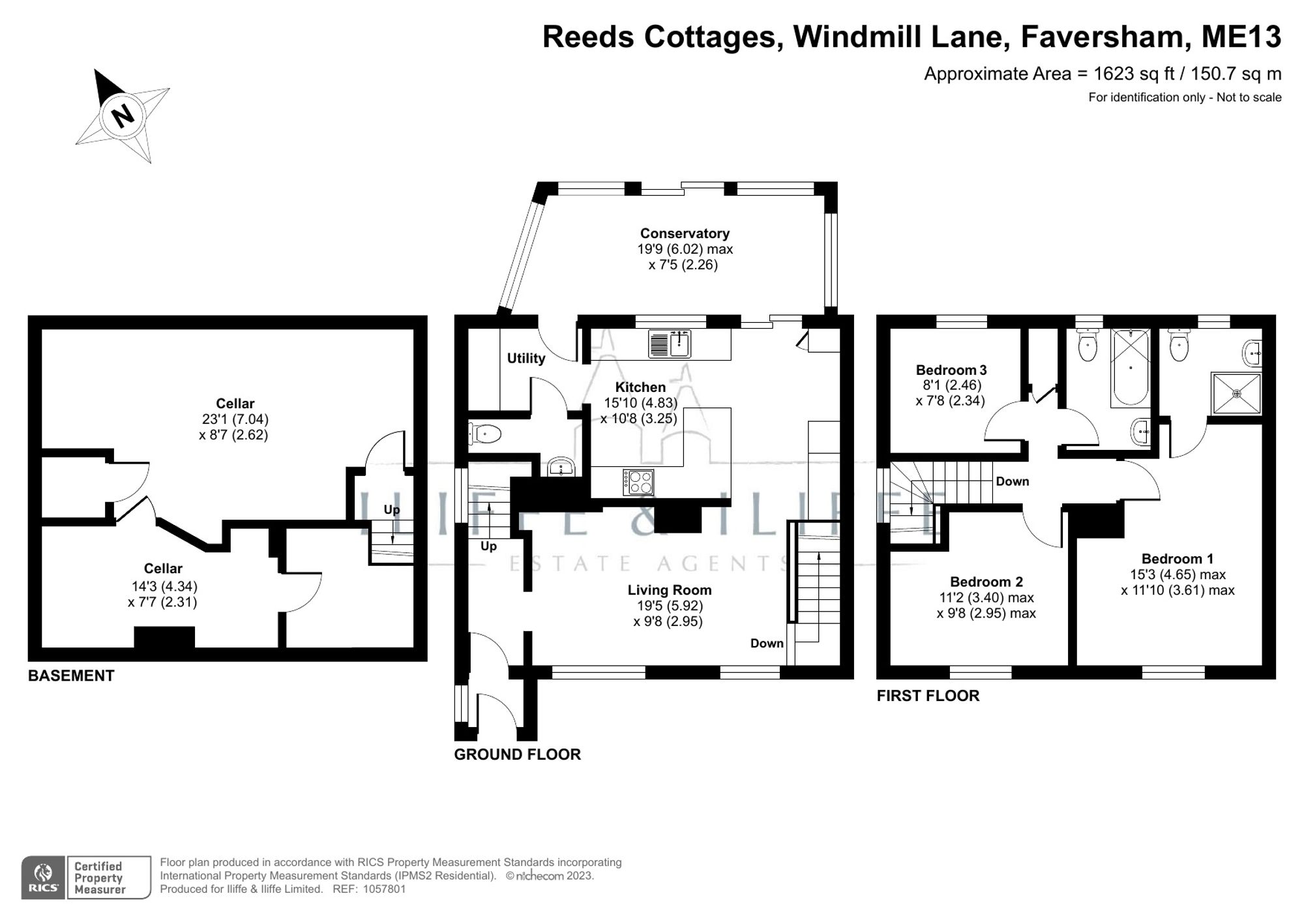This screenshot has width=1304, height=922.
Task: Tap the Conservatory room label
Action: click(685, 233)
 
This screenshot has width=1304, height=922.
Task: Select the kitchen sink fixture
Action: click(670, 344)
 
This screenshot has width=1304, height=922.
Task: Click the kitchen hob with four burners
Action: click(638, 482)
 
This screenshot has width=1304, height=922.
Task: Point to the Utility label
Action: click(526, 358)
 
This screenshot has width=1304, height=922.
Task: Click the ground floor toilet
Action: click(484, 434)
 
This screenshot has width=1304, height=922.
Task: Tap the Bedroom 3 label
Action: click(951, 370)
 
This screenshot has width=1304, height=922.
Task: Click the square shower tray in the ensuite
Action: click(1236, 393)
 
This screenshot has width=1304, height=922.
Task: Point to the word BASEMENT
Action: click(71, 676)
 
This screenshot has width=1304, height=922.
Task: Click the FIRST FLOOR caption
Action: click(928, 696)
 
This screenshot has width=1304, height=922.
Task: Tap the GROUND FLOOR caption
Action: click(517, 754)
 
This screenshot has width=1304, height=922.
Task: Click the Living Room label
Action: click(669, 590)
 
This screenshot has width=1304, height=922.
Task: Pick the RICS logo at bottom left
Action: click(43, 878)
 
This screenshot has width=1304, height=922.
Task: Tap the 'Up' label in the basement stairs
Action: click(391, 510)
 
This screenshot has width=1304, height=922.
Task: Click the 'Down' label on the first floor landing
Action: click(1012, 481)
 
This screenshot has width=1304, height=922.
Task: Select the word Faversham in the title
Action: click(1101, 37)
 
